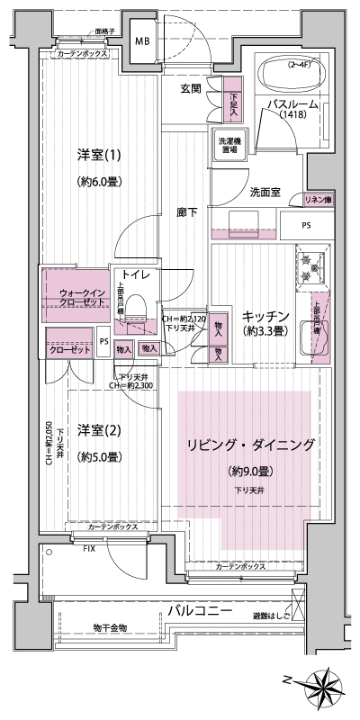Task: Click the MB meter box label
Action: coord(142,42)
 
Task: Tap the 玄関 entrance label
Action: coord(190,87)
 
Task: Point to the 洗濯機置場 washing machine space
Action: coord(228,145)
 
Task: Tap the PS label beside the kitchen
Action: coord(307,226)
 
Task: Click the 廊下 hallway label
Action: coord(188,213)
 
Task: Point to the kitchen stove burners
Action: coord(311,265)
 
